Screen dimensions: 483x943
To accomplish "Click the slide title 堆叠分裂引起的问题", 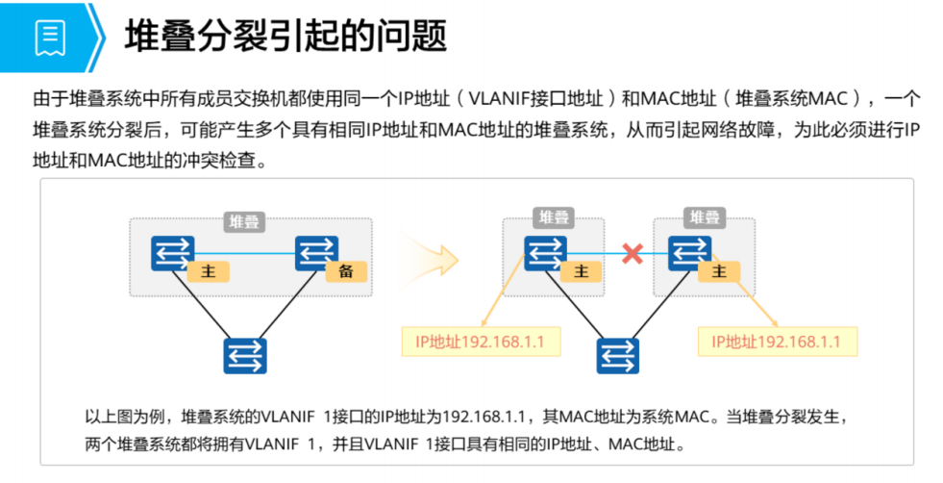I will coord(285,38).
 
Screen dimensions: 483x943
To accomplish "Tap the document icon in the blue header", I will coord(50,37).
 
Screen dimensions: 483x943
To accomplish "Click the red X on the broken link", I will coord(632,254).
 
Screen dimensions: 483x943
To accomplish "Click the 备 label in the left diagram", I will coord(346,271).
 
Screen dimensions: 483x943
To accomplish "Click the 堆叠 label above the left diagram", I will coord(243,222).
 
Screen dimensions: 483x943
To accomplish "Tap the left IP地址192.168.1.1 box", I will coord(480,342).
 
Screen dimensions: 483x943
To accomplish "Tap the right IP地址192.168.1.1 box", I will coord(776,342).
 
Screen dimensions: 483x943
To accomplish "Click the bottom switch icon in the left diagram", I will coord(245,355).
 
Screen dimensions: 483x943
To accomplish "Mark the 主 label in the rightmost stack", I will coord(718,271).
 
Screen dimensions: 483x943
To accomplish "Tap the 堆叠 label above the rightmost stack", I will coord(705,217).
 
